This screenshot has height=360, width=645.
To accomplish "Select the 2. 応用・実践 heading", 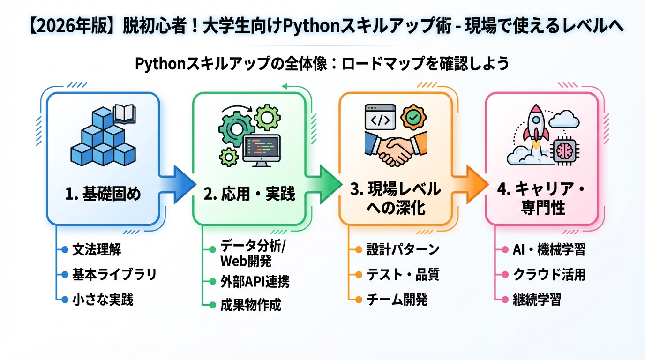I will point(249,193).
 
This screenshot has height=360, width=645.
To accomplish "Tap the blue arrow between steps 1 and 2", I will point(175,183).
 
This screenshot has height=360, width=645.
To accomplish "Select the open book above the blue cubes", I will point(125,114).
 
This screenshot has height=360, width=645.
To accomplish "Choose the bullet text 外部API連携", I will point(255,281).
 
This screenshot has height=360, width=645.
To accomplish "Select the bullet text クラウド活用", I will point(549,274).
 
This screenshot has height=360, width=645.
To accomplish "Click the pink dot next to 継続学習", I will point(505,299).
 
